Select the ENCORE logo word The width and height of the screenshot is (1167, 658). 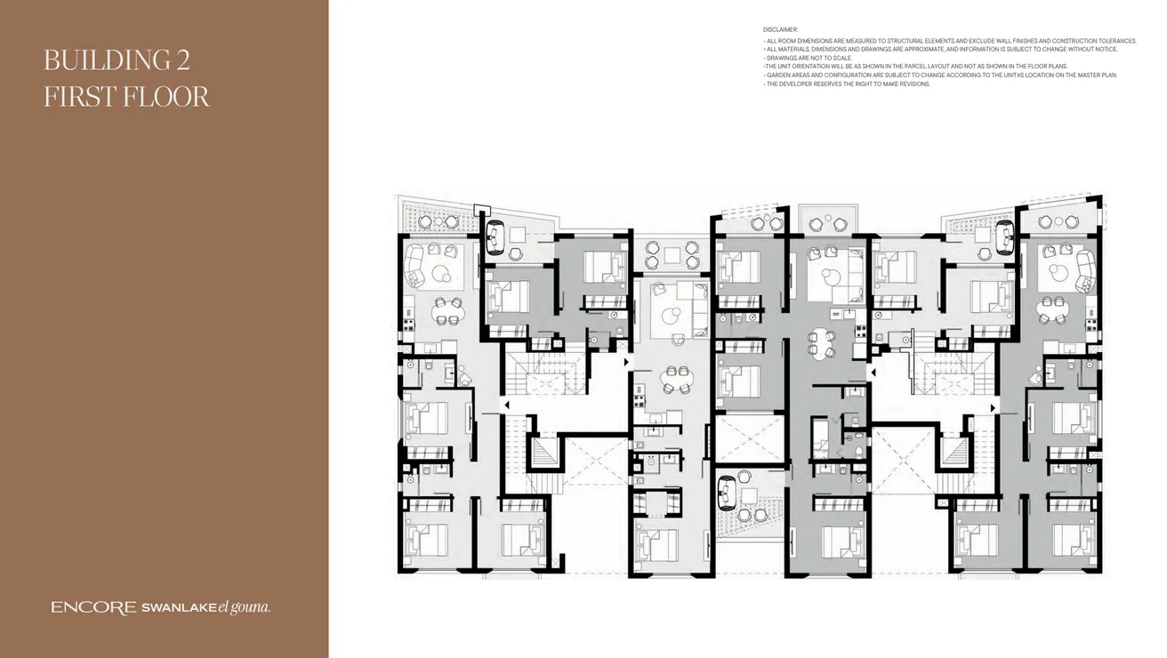coord(93,608)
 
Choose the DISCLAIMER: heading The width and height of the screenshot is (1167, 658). coord(780,29)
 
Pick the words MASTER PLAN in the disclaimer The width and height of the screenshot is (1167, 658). coord(1097,76)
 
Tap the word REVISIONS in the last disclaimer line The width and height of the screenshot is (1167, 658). coord(912,84)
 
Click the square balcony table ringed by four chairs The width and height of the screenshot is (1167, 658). coord(672,255)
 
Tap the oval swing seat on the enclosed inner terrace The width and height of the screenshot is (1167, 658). coord(727,489)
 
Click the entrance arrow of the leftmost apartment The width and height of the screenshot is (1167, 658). coord(507,405)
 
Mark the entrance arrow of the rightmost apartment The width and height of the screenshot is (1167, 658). coord(994,407)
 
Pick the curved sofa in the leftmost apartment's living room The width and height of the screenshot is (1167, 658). coord(414,264)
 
